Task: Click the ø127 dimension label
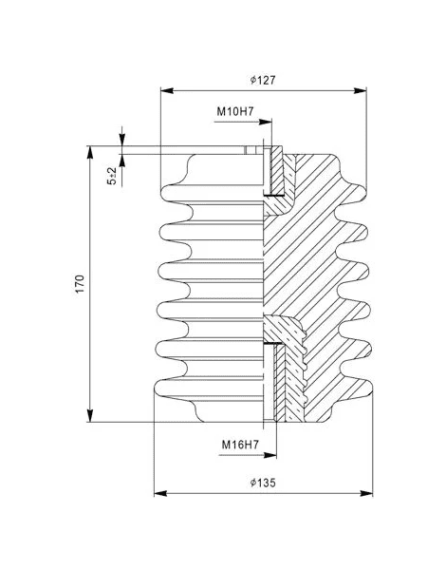click(263, 80)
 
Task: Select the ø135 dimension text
click(263, 483)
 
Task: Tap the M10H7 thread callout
click(235, 111)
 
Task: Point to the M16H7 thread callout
click(240, 445)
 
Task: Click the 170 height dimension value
click(80, 284)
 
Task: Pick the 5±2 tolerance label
click(112, 176)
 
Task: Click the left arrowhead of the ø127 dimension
click(167, 90)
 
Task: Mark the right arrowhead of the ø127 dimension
click(361, 90)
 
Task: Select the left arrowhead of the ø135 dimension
click(160, 493)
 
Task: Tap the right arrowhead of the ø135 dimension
click(366, 493)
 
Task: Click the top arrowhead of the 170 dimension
click(90, 153)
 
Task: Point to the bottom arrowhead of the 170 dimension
click(90, 415)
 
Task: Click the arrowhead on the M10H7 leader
click(266, 122)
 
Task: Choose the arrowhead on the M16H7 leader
click(270, 455)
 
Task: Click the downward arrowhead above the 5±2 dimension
click(122, 140)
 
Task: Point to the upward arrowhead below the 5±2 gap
click(122, 161)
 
